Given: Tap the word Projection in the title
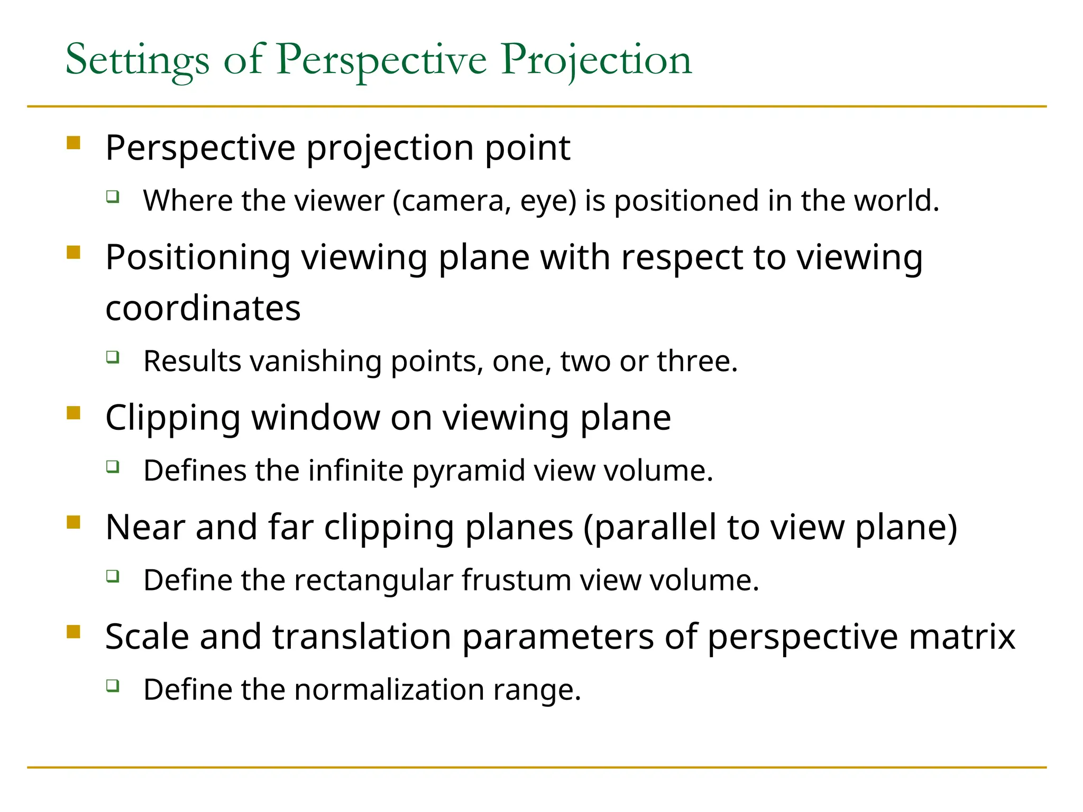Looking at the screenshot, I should tap(596, 61).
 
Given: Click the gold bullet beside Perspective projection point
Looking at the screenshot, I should tap(74, 143).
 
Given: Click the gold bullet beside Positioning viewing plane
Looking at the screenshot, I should tap(74, 253).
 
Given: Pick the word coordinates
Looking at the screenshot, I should tap(203, 308).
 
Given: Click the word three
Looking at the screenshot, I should tap(696, 362).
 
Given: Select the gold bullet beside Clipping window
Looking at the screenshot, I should tap(74, 413).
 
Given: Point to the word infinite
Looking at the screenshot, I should tap(356, 470).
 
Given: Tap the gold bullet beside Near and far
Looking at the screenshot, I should tap(74, 522).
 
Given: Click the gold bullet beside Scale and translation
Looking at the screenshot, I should tap(74, 632).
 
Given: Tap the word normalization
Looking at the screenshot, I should tap(389, 690).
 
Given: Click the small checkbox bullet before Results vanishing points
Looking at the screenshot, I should tap(113, 357).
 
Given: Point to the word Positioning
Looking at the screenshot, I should tap(198, 258).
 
